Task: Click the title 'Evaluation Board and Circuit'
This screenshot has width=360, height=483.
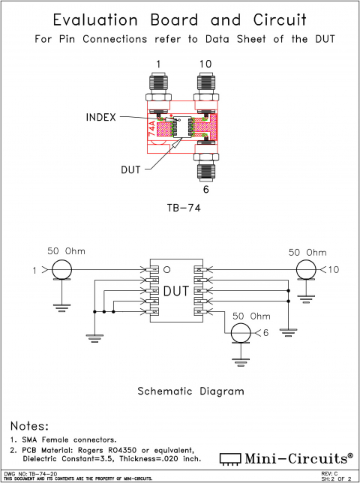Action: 179,19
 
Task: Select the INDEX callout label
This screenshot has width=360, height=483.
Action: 100,117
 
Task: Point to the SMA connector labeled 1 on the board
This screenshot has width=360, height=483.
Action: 159,87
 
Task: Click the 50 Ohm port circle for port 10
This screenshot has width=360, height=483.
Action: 306,268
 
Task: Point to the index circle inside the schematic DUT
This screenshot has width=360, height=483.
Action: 168,269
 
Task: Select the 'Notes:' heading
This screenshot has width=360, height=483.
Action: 29,425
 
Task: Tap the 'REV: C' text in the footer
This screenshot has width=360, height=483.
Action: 330,474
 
